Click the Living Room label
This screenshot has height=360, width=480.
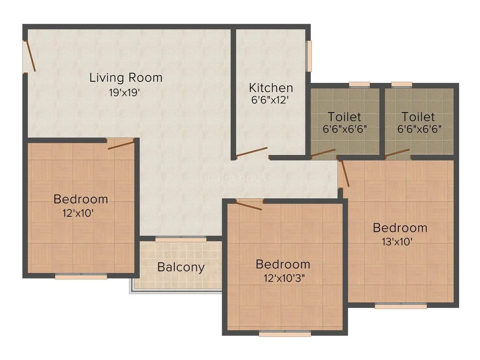[x=126, y=78]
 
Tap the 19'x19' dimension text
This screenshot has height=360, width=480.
[x=124, y=93]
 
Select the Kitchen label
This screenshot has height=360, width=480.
[x=271, y=88]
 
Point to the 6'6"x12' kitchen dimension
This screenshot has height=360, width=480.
[x=270, y=100]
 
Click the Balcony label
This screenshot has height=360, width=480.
[x=181, y=267]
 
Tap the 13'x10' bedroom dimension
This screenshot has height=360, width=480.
[x=397, y=242]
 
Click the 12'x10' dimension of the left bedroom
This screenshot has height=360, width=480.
[x=78, y=213]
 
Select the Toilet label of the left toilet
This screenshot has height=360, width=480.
[x=344, y=117]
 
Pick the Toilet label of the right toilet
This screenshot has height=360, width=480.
[x=418, y=117]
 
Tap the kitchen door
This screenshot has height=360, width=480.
[x=252, y=152]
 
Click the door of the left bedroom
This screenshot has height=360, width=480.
[x=121, y=145]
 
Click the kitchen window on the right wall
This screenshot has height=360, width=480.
[x=309, y=56]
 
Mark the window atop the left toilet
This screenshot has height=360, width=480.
[x=359, y=85]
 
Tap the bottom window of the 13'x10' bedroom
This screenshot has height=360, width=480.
[x=401, y=306]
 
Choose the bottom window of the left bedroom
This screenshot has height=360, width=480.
[x=81, y=276]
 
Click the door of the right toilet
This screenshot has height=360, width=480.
[x=397, y=154]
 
